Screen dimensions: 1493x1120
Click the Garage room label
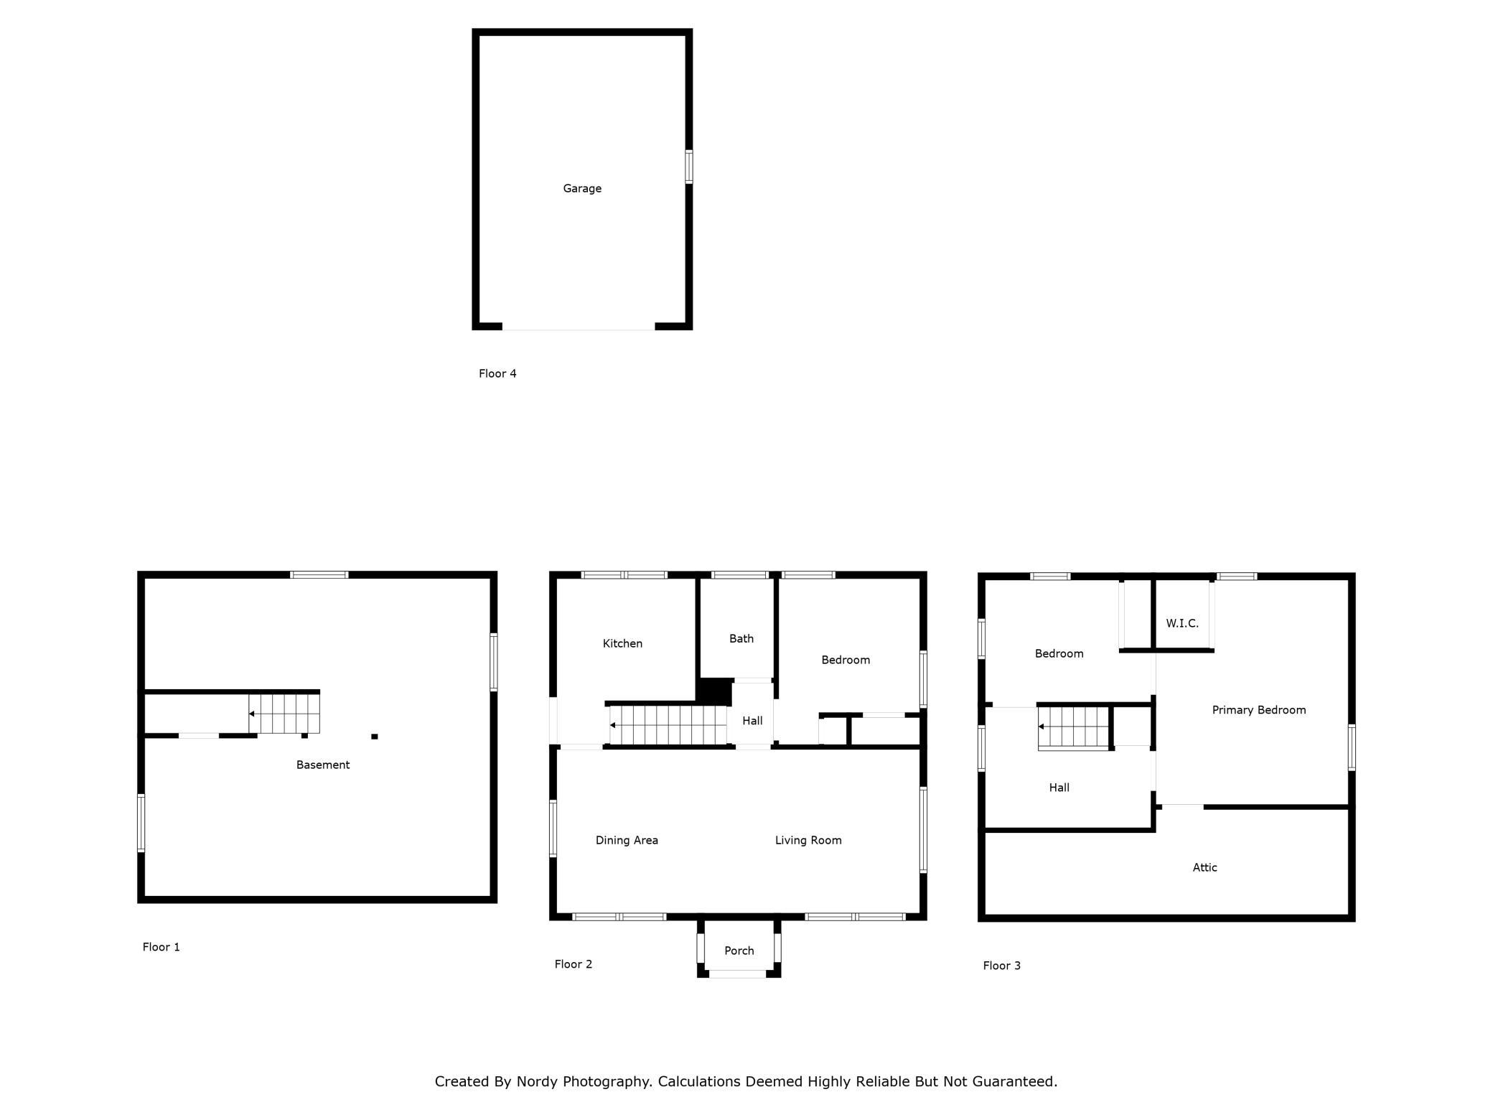coord(582,189)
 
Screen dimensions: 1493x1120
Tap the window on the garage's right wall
coord(689,167)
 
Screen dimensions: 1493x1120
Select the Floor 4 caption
coord(497,373)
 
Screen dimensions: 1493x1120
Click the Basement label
coord(323,765)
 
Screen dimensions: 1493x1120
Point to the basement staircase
coord(284,713)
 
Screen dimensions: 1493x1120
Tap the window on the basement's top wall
coord(319,575)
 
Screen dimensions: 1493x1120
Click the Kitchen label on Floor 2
coord(622,644)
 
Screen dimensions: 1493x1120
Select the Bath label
coord(741,639)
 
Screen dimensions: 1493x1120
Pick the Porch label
coord(739,951)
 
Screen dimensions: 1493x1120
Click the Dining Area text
coord(627,841)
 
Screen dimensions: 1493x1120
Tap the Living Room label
coord(808,841)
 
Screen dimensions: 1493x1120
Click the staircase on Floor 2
coord(668,725)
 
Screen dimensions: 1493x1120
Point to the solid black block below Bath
coord(715,692)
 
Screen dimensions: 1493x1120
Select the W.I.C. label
coord(1182,624)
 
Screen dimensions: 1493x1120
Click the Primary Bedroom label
coord(1259,710)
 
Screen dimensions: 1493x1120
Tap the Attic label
coord(1205,867)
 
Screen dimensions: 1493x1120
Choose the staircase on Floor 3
coord(1074,727)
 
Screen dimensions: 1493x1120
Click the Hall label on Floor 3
coord(1059,788)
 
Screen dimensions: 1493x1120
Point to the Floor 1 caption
coord(162,947)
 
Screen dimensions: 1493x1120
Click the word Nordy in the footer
coord(537,1081)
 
